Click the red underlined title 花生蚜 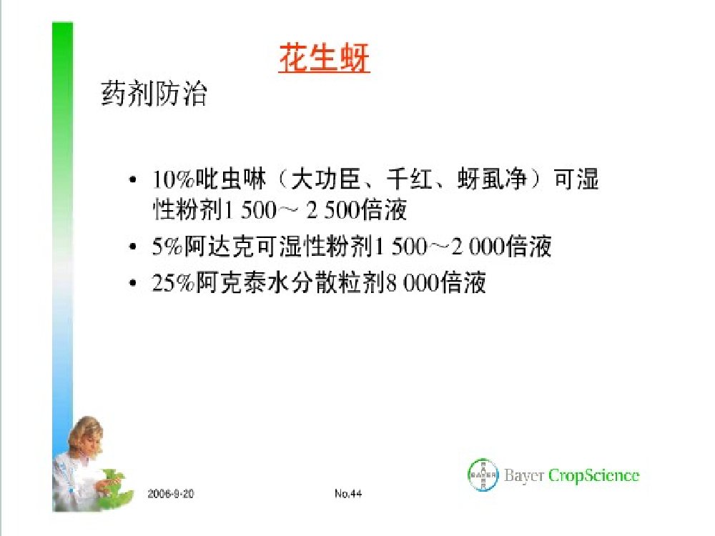(324, 58)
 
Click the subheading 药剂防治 (154, 94)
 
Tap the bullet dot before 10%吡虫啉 (133, 179)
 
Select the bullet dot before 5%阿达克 (133, 247)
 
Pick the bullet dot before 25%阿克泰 (133, 283)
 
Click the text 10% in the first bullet (173, 179)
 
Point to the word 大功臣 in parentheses (325, 179)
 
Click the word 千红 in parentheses (410, 179)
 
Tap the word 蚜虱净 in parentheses (492, 179)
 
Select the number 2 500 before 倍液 (332, 211)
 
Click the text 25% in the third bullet (173, 283)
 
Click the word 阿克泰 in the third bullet (232, 282)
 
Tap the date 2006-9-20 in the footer (171, 494)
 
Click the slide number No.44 (348, 494)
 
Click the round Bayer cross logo (483, 475)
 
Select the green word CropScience (593, 475)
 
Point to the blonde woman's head (87, 433)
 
